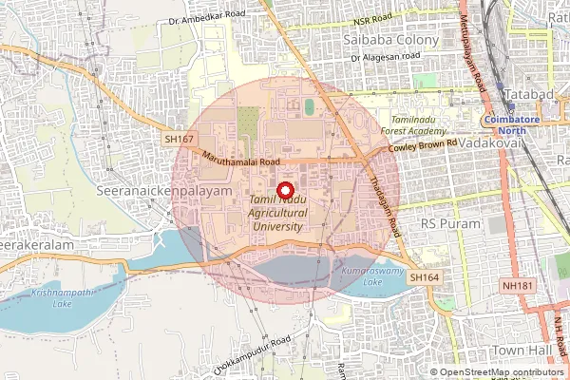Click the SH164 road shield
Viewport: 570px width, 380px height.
point(426,276)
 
